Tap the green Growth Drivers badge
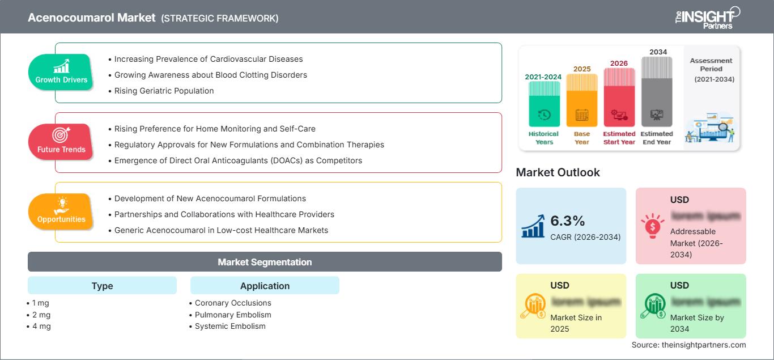point(61,73)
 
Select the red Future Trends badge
point(61,142)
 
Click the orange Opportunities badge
point(61,212)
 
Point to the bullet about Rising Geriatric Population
point(164,91)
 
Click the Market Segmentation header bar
point(265,262)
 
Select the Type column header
point(102,286)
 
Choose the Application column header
point(265,286)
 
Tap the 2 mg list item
point(41,315)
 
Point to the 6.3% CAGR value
point(567,221)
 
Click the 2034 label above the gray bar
point(658,52)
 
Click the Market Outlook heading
point(558,172)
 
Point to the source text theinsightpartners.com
point(688,345)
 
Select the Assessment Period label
point(711,65)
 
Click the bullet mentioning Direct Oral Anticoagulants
point(238,160)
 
